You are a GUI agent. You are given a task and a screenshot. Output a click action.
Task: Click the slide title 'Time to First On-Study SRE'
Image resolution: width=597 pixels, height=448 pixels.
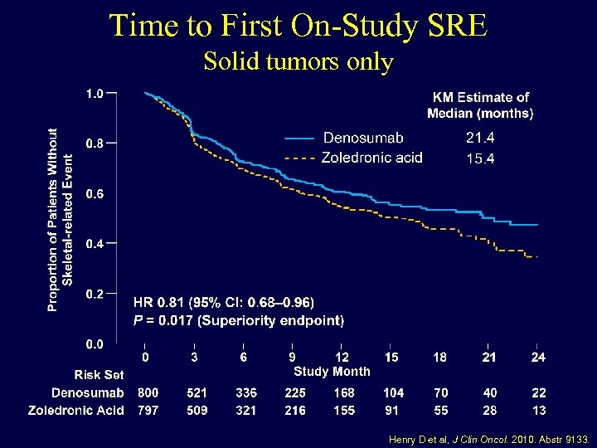click(298, 25)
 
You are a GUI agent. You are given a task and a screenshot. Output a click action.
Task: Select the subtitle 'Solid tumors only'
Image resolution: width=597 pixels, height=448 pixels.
click(298, 61)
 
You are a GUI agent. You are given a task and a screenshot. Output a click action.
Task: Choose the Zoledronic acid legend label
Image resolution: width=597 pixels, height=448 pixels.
click(371, 158)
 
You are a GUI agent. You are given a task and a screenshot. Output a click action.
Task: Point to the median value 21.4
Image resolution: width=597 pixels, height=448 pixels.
click(480, 138)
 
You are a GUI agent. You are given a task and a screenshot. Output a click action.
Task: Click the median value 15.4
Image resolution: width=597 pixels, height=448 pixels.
click(480, 158)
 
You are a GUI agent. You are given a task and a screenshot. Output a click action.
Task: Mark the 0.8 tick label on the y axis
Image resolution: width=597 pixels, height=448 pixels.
click(95, 143)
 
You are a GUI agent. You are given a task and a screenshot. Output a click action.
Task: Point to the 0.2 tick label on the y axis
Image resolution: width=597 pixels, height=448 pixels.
click(95, 293)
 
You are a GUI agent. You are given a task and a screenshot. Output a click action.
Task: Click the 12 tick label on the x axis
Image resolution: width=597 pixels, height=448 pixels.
click(342, 357)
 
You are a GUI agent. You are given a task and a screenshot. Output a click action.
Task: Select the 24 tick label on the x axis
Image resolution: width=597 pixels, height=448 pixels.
click(538, 357)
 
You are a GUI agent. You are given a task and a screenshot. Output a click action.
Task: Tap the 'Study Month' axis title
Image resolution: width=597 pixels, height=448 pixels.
click(332, 371)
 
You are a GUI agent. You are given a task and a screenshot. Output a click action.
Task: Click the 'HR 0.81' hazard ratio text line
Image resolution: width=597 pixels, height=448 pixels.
click(224, 302)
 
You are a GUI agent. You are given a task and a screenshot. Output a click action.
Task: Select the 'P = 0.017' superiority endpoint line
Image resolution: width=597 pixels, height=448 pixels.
click(239, 319)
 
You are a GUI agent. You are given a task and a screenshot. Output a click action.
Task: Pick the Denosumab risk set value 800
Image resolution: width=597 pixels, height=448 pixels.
click(148, 392)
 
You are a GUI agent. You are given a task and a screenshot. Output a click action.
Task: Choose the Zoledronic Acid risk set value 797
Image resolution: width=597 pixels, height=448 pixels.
click(148, 410)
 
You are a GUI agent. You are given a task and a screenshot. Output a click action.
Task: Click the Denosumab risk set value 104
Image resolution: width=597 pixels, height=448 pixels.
click(393, 392)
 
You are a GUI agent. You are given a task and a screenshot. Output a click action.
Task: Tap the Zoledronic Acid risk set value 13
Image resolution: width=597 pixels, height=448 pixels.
click(538, 410)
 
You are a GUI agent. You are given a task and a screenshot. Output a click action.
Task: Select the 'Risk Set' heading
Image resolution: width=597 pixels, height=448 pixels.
click(99, 375)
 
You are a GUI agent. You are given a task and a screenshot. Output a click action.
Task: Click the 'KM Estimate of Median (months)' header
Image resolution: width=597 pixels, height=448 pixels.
click(480, 105)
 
